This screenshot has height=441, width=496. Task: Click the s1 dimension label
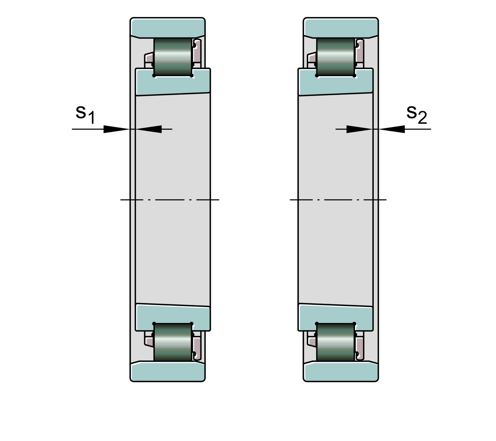(85, 114)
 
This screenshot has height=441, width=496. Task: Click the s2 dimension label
(416, 114)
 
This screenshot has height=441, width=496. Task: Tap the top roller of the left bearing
(173, 57)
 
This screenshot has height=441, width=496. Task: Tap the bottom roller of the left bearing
(173, 342)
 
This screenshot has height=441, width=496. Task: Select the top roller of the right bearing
(335, 57)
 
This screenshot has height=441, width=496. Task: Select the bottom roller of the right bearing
(335, 342)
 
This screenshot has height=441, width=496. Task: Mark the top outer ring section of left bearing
(168, 28)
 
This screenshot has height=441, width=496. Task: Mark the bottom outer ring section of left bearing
(168, 372)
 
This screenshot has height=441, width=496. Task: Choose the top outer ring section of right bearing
(341, 28)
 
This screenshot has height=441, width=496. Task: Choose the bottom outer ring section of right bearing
(341, 372)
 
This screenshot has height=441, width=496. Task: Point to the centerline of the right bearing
(338, 200)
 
